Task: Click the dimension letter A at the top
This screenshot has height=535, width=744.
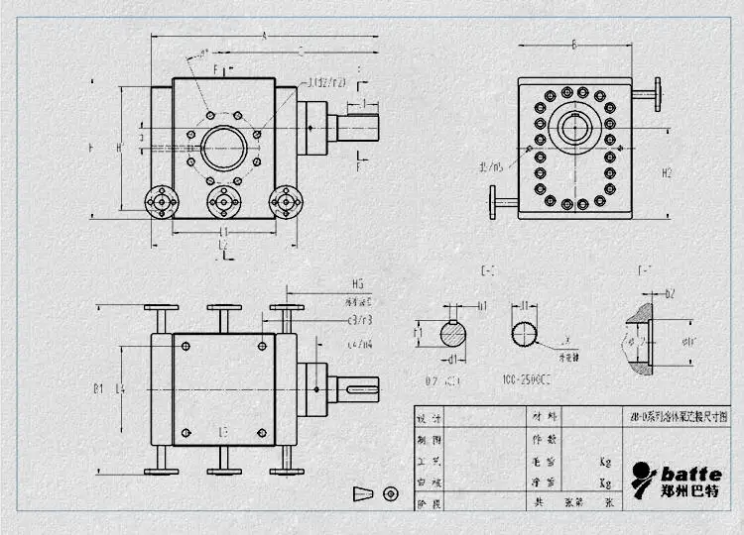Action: [x=264, y=35]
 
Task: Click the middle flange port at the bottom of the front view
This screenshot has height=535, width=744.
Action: [x=223, y=202]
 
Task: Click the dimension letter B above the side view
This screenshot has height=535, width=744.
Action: [x=574, y=44]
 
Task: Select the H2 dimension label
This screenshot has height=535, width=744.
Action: [x=668, y=172]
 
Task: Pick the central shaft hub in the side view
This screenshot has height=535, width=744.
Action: [x=574, y=128]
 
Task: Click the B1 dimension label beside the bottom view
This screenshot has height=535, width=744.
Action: [x=98, y=389]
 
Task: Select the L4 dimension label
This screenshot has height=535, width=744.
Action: [x=120, y=389]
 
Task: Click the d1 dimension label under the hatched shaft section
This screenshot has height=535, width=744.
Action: [x=452, y=358]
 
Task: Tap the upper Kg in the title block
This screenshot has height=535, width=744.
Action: [x=604, y=462]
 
